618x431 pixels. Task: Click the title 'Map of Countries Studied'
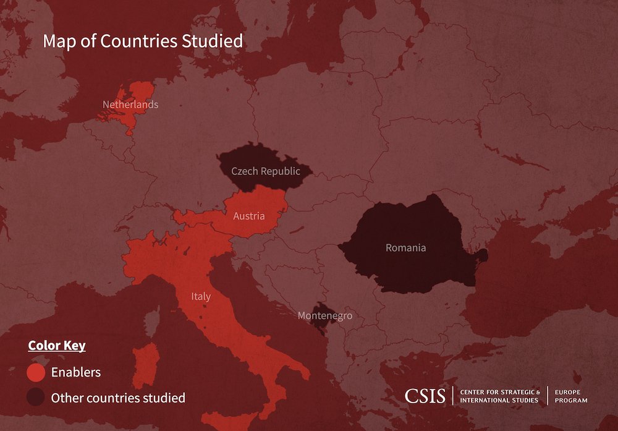(143, 41)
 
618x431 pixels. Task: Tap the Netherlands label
(130, 105)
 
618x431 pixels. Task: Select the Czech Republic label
(265, 171)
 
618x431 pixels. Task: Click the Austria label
(249, 216)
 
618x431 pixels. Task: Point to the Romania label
(405, 248)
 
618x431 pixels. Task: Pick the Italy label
(201, 297)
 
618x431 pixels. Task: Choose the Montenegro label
(325, 316)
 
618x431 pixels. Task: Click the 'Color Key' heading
(57, 345)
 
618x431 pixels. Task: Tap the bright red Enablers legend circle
(36, 372)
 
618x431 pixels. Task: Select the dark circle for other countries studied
(36, 398)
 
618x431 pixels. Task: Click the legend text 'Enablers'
(76, 372)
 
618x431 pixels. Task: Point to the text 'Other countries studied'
(118, 398)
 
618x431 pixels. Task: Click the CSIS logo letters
(425, 396)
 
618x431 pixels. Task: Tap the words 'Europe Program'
(571, 396)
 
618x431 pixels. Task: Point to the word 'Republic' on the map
(281, 171)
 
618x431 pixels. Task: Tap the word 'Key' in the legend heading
(75, 345)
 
